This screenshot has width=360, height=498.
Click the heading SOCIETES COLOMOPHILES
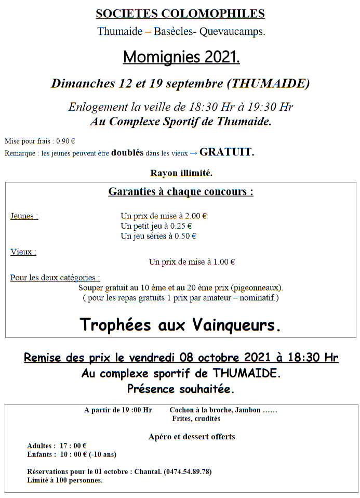click(180, 14)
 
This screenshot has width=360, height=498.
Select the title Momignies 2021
click(181, 57)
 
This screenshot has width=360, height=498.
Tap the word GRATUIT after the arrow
click(226, 152)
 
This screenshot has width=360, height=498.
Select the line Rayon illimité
click(181, 173)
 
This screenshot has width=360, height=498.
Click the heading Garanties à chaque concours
click(181, 192)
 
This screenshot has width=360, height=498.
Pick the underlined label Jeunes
click(24, 216)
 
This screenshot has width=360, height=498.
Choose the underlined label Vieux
click(23, 252)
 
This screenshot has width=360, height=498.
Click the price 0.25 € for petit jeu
click(181, 226)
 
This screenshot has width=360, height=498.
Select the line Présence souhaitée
click(181, 389)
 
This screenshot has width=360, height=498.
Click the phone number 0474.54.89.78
click(188, 472)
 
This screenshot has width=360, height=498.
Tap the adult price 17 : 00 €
click(73, 446)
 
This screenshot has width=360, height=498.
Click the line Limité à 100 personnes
click(65, 480)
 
